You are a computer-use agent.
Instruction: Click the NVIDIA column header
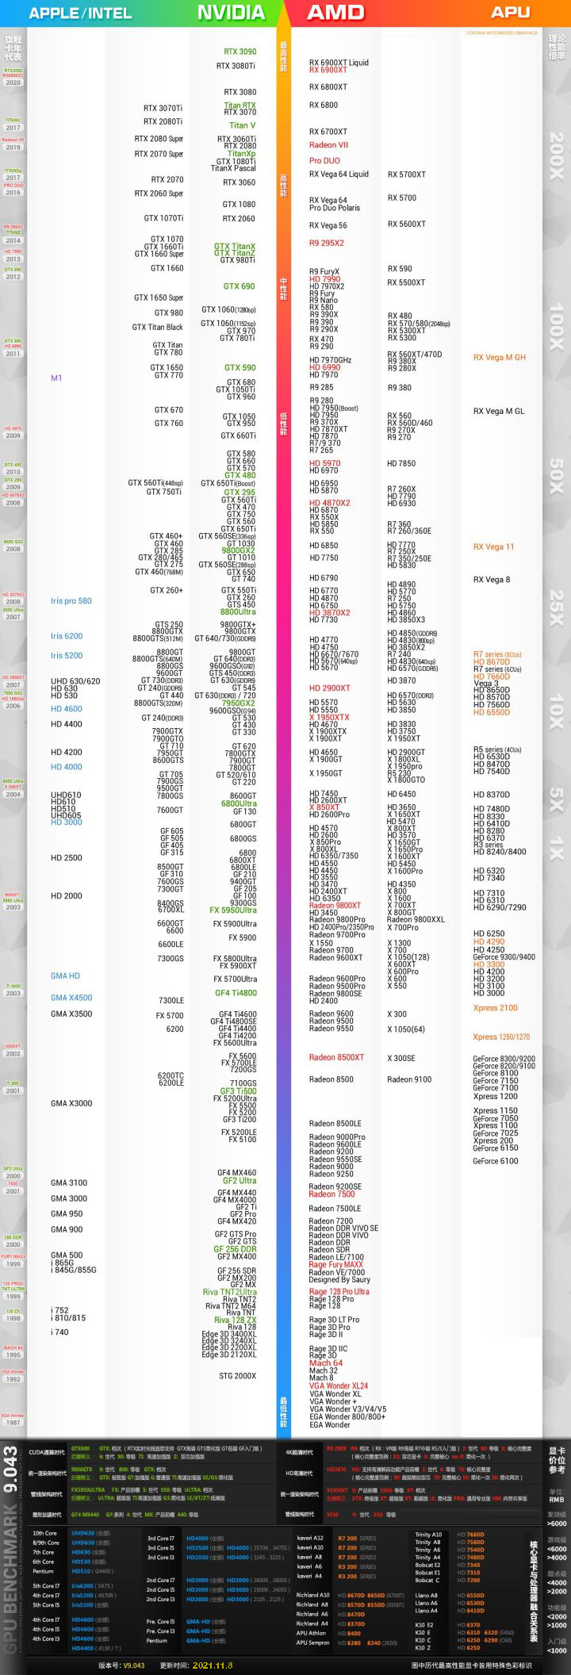(x=230, y=13)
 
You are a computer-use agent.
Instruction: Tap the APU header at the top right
(x=510, y=13)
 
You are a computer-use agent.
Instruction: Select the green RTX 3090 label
(x=240, y=52)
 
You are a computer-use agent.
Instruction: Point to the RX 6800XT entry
(x=328, y=87)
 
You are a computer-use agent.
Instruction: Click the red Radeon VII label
(x=328, y=145)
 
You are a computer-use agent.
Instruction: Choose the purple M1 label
(x=56, y=378)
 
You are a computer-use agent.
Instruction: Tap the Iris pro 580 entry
(x=71, y=601)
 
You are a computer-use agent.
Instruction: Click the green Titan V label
(x=242, y=125)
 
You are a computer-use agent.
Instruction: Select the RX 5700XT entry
(x=406, y=174)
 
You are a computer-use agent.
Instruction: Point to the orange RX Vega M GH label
(x=499, y=358)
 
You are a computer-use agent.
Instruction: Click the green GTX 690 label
(x=239, y=286)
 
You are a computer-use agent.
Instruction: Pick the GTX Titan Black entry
(x=157, y=328)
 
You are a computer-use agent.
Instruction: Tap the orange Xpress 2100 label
(x=495, y=1008)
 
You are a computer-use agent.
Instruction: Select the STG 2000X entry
(x=237, y=1376)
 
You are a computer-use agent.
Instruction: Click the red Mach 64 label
(x=325, y=1363)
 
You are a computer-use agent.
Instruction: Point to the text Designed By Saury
(x=339, y=1279)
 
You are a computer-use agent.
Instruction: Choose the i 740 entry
(x=59, y=1332)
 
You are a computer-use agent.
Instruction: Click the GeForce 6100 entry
(x=495, y=1161)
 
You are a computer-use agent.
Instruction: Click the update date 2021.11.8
(x=207, y=1665)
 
